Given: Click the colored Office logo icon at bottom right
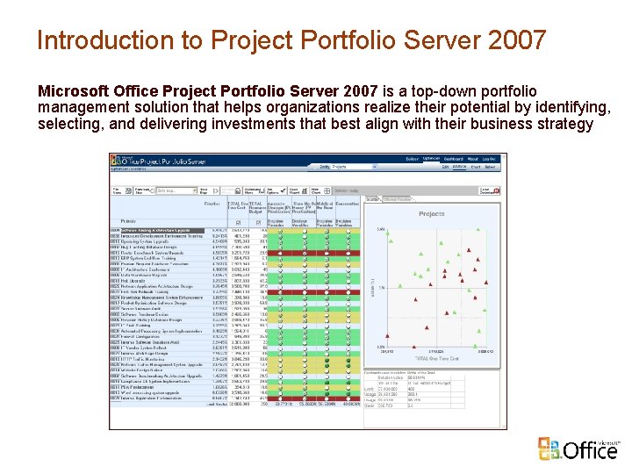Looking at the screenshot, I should (550, 448).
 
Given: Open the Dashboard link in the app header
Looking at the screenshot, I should (453, 159).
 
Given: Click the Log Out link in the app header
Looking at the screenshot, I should (489, 159).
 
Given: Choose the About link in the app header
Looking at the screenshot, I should (472, 159).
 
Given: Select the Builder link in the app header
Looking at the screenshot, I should (413, 159).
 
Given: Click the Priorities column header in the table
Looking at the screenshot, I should (212, 203).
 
